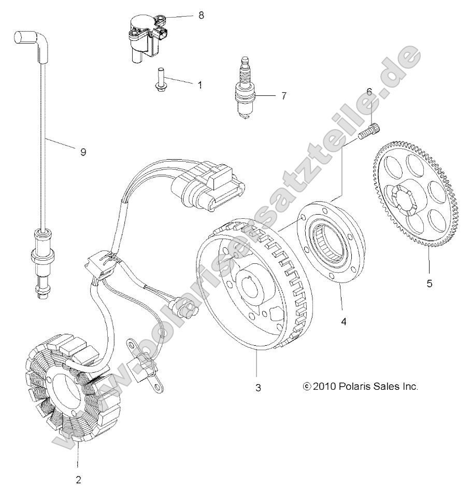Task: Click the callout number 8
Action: (x=201, y=15)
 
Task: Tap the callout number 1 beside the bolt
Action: (x=199, y=84)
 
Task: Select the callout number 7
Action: (x=283, y=96)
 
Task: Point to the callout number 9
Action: (x=83, y=152)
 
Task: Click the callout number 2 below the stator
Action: (x=78, y=478)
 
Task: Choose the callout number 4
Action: (x=343, y=321)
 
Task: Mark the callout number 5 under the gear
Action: (x=429, y=284)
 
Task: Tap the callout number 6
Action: (x=369, y=91)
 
